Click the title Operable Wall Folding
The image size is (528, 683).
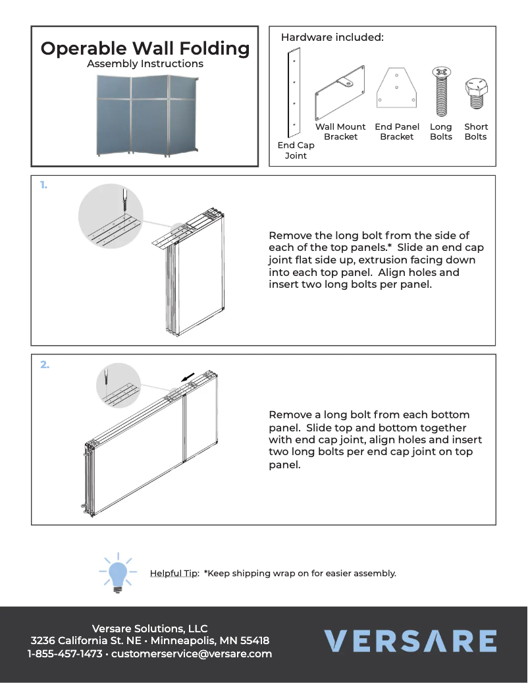pos(145,48)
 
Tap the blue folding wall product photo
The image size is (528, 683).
pos(146,114)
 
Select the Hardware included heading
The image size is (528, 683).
pos(332,38)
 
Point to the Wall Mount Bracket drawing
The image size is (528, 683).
pos(340,91)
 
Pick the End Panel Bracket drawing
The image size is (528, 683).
pos(396,87)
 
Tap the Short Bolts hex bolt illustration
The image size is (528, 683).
pos(475,94)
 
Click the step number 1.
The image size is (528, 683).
pos(43,186)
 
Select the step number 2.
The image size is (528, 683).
pos(45,364)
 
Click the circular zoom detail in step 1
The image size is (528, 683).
pos(111,216)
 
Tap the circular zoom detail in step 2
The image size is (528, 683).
pos(119,385)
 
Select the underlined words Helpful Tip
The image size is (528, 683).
pos(174,573)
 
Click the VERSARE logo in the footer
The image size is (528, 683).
pos(409,641)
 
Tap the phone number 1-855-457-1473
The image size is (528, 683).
pos(65,654)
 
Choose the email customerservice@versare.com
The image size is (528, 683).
pos(192,654)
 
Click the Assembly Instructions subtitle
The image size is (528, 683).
pos(145,64)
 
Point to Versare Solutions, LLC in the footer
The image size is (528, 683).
pos(149,628)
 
